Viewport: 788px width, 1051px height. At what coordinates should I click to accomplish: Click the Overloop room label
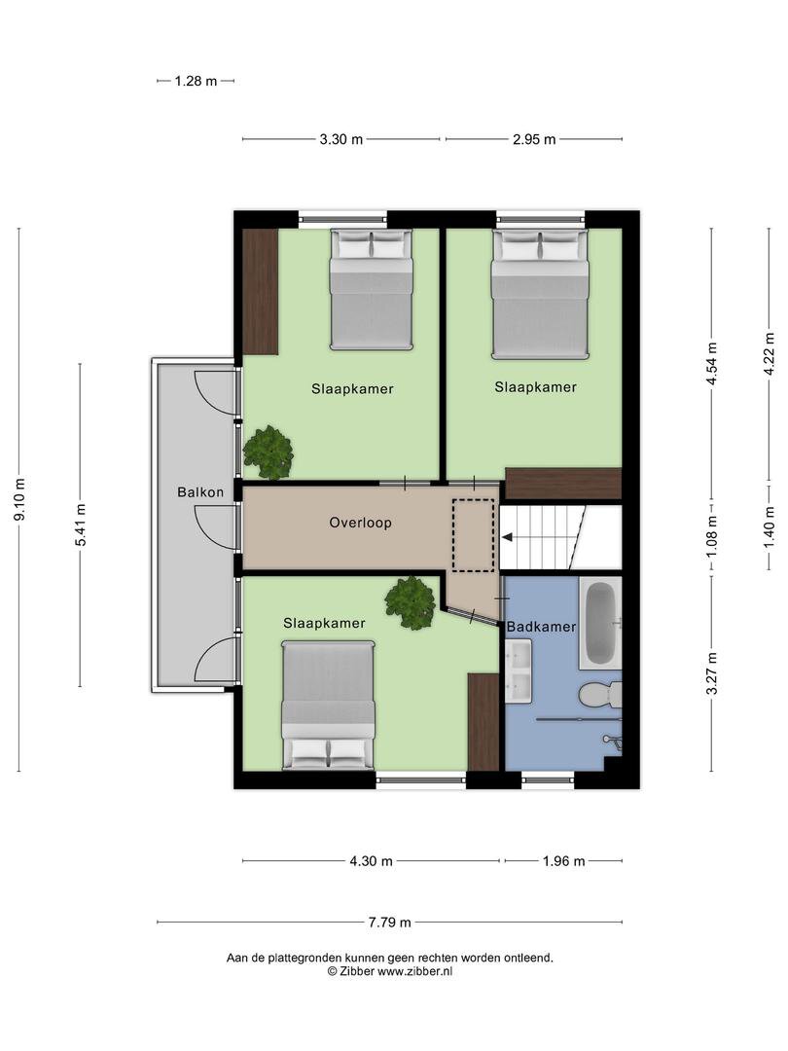(360, 523)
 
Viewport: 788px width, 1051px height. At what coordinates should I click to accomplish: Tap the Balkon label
(200, 492)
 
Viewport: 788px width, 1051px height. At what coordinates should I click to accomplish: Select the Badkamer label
(542, 627)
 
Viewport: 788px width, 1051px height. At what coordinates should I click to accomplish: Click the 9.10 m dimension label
(19, 498)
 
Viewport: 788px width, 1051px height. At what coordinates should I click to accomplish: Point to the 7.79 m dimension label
(389, 923)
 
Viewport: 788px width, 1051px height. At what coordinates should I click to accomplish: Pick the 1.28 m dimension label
(196, 81)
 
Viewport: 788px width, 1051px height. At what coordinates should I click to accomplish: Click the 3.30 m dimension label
(341, 139)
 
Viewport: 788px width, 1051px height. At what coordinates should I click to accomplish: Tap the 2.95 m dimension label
(534, 139)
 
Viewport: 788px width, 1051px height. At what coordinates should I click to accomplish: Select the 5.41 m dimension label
(81, 525)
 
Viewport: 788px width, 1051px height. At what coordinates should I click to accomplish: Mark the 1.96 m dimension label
(563, 861)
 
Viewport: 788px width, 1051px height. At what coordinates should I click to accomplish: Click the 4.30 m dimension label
(371, 861)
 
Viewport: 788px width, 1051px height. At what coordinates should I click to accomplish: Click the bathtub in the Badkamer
(600, 624)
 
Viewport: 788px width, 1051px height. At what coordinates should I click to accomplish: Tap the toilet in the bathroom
(601, 695)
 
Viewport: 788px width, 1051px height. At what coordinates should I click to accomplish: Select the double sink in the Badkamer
(519, 670)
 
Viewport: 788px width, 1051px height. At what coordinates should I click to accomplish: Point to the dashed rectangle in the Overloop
(474, 535)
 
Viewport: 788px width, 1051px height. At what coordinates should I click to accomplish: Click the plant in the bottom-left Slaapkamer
(411, 602)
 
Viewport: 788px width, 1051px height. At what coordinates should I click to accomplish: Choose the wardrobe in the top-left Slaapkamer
(260, 292)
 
